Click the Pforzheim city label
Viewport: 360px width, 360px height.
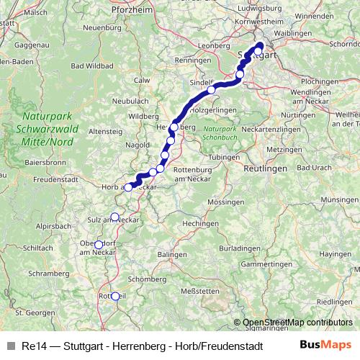click(x=133, y=11)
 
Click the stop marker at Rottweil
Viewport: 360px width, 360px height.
click(x=114, y=296)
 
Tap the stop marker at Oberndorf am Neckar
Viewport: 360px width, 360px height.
click(x=99, y=244)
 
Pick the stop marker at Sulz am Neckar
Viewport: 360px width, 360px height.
click(x=114, y=217)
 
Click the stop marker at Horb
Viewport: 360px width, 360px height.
click(x=128, y=187)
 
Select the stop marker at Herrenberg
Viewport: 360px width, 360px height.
click(x=174, y=127)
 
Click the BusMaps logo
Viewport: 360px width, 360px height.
click(x=325, y=345)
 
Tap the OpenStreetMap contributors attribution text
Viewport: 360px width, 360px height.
click(x=297, y=323)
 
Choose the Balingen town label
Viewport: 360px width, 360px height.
click(x=172, y=255)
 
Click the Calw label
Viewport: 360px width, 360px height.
click(x=142, y=80)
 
